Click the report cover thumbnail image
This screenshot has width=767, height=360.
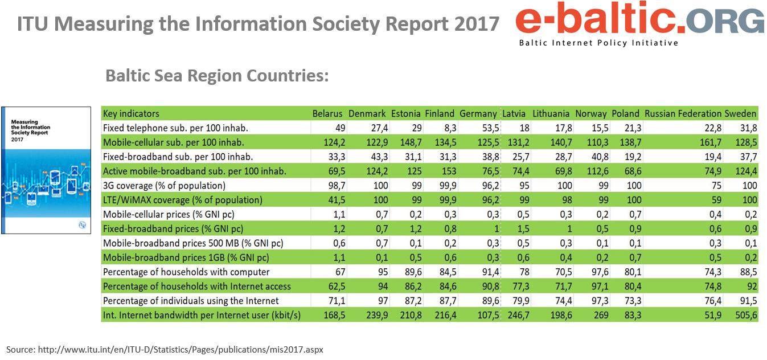point(46,170)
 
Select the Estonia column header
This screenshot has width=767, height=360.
point(406,113)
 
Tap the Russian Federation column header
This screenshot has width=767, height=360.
point(683,113)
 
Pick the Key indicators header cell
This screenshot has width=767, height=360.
point(131,113)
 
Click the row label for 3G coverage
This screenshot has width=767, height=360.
point(164,186)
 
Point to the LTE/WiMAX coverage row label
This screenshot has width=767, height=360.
point(182,200)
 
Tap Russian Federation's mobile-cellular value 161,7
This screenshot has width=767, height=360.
point(711,142)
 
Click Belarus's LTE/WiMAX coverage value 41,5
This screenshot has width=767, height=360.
point(333,200)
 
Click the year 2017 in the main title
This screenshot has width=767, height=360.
point(476,24)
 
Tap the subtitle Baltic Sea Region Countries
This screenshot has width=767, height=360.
point(217,76)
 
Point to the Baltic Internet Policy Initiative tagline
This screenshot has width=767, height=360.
point(598,43)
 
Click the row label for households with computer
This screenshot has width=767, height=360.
point(186,272)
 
